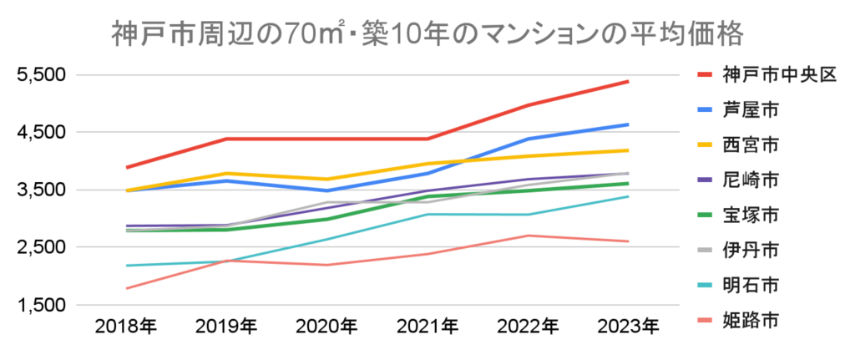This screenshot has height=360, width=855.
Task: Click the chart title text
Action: coord(427,36)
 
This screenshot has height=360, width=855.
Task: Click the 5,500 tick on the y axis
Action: coord(41,76)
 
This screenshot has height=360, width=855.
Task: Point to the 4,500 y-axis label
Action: coord(41,133)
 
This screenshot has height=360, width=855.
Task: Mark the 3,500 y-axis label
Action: coord(41,190)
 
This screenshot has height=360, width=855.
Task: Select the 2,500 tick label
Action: coord(41,248)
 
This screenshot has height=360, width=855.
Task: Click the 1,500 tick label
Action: coord(41,306)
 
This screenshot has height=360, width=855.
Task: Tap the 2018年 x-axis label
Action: coord(126,326)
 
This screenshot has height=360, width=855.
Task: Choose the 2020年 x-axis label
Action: coord(326,326)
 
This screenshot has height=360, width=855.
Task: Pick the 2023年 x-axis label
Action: coord(627,326)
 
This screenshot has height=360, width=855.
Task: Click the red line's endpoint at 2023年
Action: coord(628,81)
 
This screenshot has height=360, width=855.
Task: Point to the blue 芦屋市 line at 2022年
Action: coord(528,139)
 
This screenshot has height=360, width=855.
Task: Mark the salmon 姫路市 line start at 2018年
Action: coord(126,288)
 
